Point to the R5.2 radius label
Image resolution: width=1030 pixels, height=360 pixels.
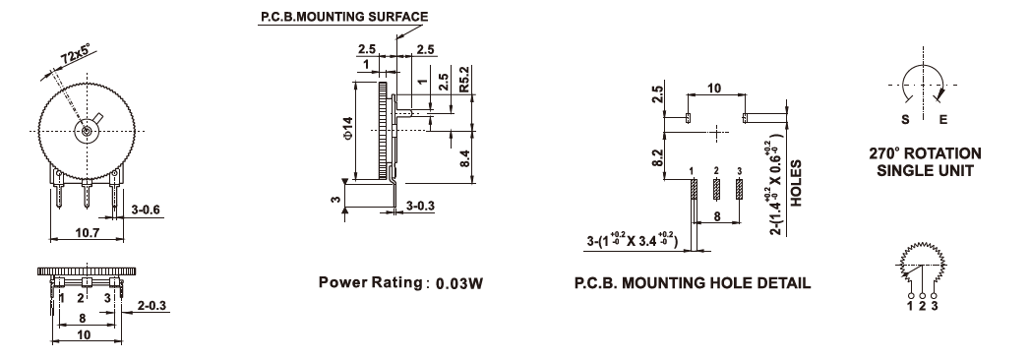point(465,80)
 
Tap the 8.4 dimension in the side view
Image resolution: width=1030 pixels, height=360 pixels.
point(465,158)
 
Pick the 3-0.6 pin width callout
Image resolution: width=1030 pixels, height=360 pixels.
point(146,210)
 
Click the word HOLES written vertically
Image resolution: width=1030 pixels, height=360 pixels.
point(796,183)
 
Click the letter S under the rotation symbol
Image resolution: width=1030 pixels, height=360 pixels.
point(905,120)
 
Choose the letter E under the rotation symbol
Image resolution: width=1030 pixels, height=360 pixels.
point(943,120)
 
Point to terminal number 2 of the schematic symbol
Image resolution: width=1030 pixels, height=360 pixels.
point(922,306)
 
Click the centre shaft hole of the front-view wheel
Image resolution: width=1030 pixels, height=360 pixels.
point(88,132)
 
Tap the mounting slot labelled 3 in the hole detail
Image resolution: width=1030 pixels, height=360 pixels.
point(739,189)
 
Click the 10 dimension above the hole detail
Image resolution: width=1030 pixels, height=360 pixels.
point(714,88)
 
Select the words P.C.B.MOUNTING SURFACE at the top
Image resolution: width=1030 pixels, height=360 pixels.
point(344,17)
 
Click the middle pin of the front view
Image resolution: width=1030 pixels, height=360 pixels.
point(86,195)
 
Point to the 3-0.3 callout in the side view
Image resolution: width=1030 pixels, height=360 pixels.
point(420,207)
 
